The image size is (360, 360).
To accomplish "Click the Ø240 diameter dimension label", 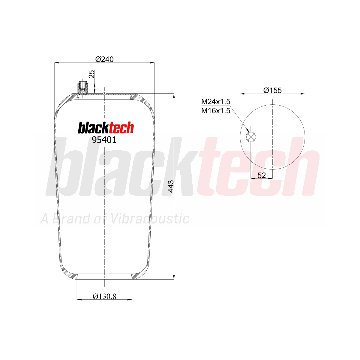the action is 104,59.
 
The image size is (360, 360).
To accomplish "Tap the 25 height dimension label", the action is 92,74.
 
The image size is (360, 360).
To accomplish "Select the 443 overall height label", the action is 171,186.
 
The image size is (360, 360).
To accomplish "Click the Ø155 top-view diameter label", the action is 272,90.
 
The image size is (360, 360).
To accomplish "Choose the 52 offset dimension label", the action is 262,175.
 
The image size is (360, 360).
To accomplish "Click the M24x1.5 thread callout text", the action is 216,102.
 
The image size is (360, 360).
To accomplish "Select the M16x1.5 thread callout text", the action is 216,111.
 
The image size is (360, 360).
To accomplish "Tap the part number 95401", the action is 104,140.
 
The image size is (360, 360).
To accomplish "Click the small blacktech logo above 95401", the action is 106,127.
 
